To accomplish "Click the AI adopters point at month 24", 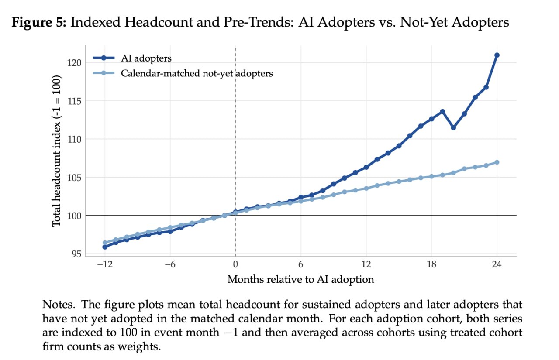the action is coord(497,55).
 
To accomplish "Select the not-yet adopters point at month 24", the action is coord(497,162).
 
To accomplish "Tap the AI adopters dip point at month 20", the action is coord(453,128).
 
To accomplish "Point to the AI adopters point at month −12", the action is coord(105,247).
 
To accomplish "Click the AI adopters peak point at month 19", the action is coord(442,111).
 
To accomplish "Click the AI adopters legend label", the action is coord(146,58).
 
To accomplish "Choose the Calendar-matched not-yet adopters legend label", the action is coord(197,74).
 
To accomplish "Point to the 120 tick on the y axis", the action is coord(74,63).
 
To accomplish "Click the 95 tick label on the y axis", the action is coord(76,254).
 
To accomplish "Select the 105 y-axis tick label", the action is coord(74,178).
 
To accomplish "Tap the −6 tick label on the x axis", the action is coord(170,264).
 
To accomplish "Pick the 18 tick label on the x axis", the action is coord(431,264).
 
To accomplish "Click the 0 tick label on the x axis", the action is coord(235,264).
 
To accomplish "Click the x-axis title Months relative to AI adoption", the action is coord(301,279).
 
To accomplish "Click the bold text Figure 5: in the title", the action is coord(39,22).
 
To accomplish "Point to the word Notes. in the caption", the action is coord(59,305).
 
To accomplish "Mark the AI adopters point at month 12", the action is coord(366,167).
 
